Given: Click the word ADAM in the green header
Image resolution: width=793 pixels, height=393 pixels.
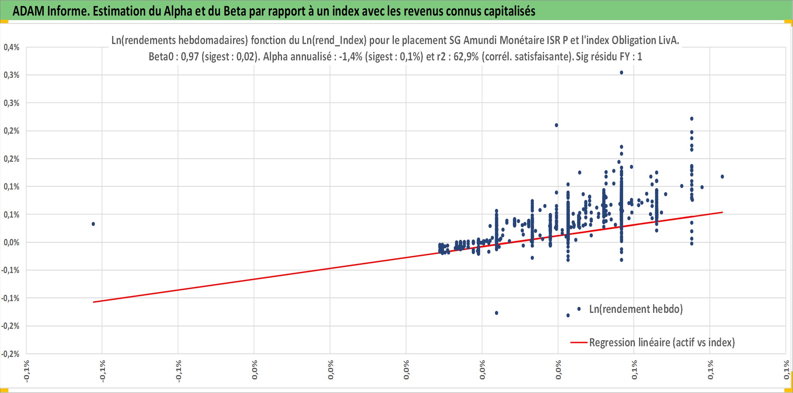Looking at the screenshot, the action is pyautogui.click(x=29, y=11).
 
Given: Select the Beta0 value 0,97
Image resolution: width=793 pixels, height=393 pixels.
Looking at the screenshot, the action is pyautogui.click(x=190, y=57).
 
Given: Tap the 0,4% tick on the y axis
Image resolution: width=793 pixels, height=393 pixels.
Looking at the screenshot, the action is pyautogui.click(x=11, y=47).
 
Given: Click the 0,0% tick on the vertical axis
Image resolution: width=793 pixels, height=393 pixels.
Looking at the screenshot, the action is pyautogui.click(x=11, y=242).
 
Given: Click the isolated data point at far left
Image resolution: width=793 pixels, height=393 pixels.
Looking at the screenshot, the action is pyautogui.click(x=93, y=224).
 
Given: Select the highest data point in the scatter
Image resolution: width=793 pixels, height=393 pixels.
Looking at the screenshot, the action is pyautogui.click(x=621, y=73).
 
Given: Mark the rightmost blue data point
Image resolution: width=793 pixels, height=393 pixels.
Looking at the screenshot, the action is pyautogui.click(x=722, y=177).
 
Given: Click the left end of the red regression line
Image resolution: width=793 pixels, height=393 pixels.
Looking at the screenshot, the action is pyautogui.click(x=93, y=302).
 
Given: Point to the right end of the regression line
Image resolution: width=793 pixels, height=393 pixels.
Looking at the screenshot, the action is pyautogui.click(x=722, y=212).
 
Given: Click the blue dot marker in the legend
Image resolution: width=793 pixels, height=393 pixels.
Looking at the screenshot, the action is pyautogui.click(x=579, y=309).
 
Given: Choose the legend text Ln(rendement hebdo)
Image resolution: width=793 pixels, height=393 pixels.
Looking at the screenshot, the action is pyautogui.click(x=636, y=309).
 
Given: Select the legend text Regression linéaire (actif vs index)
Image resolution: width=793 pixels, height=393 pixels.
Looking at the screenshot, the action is pyautogui.click(x=662, y=342).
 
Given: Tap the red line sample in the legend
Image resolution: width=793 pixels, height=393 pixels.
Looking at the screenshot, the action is pyautogui.click(x=579, y=342).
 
